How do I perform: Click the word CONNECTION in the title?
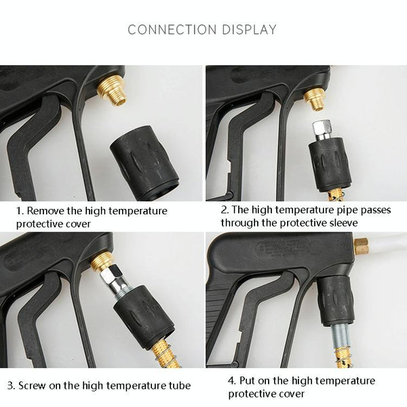click(x=172, y=29)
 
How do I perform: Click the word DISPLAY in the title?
click(x=249, y=29)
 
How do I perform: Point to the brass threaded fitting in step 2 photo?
click(x=315, y=99)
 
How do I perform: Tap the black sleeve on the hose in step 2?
click(x=330, y=164)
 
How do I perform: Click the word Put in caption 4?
click(x=247, y=381)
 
